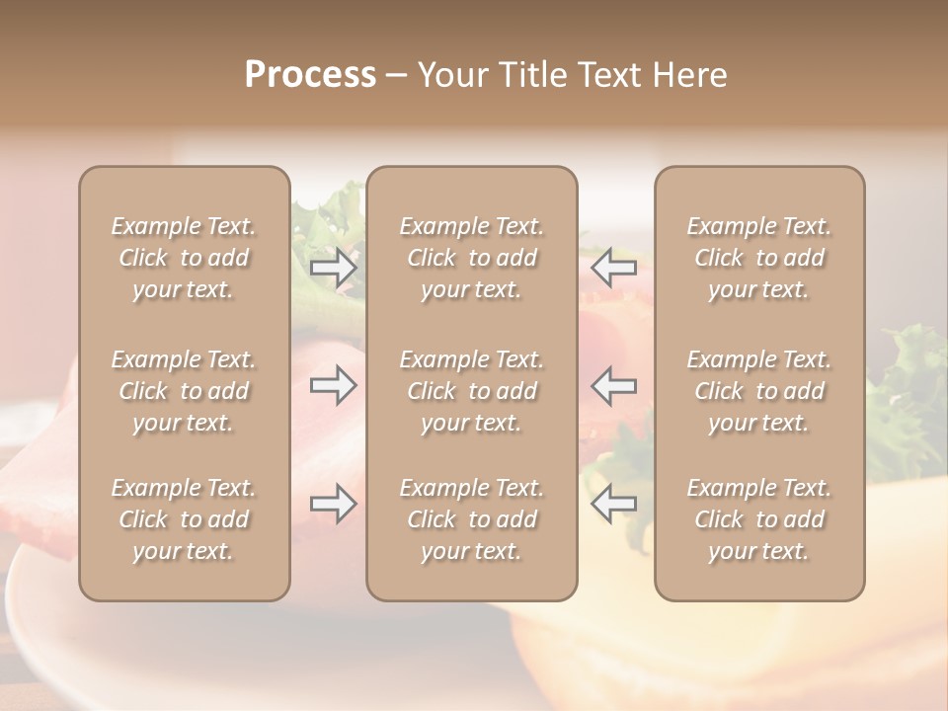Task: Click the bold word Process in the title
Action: (x=310, y=75)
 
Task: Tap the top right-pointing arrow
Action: (x=334, y=268)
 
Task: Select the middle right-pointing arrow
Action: (x=334, y=385)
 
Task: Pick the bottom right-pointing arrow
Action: (x=334, y=504)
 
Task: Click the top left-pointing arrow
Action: (x=613, y=268)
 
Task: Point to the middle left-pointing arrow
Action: (x=613, y=385)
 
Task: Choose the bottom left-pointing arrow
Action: (x=613, y=504)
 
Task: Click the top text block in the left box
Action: (x=184, y=258)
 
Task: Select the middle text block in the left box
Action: (x=184, y=391)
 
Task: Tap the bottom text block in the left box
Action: (x=184, y=519)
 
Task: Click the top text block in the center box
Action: (x=471, y=258)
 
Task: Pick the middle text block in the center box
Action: (x=471, y=391)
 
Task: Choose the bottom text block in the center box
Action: (x=471, y=519)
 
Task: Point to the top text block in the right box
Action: (x=758, y=258)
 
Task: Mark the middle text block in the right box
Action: (x=758, y=391)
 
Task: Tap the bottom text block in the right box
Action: (x=758, y=519)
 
